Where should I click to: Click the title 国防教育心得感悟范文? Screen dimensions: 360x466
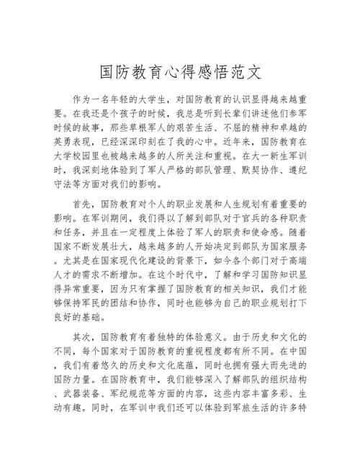179,73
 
